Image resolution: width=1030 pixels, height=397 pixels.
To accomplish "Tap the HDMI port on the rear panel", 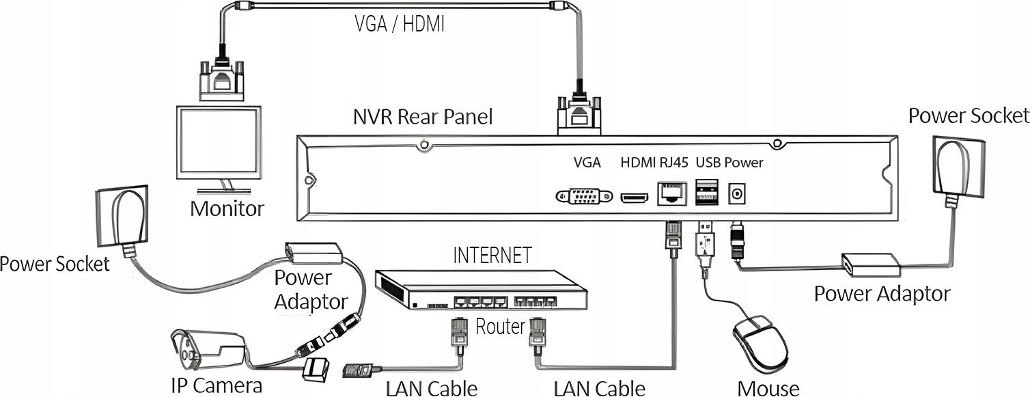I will click(x=635, y=198).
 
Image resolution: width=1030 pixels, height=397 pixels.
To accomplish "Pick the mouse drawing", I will click(x=760, y=346).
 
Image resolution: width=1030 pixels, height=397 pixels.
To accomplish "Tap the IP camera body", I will click(x=208, y=351).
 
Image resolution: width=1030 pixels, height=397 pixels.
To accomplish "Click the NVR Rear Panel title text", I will click(x=423, y=116).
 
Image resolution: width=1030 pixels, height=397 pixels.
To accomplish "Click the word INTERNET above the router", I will click(x=492, y=256).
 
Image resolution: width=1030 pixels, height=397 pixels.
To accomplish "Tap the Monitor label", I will click(x=227, y=208).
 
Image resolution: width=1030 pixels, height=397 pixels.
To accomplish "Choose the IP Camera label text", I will click(x=216, y=385).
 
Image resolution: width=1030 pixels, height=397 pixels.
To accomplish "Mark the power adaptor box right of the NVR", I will click(x=871, y=265).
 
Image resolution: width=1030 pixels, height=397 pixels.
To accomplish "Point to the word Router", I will click(x=500, y=326).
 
